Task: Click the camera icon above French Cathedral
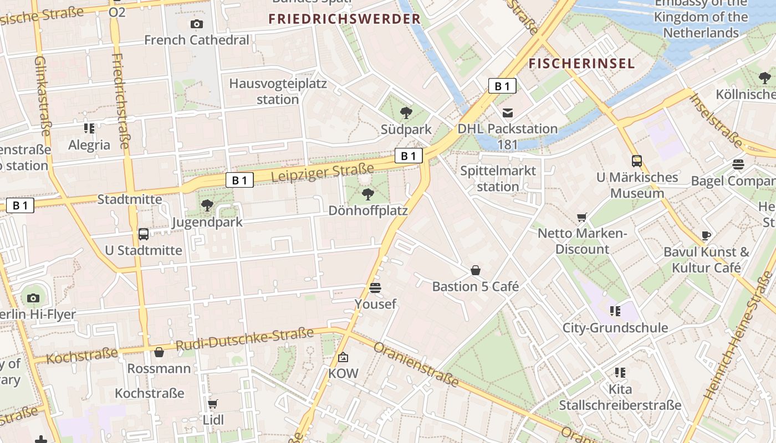click(x=196, y=24)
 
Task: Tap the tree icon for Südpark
click(x=406, y=113)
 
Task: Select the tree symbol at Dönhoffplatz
click(x=367, y=194)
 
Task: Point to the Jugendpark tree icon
click(x=207, y=205)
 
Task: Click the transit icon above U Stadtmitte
click(x=144, y=234)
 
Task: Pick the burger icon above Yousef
click(x=375, y=287)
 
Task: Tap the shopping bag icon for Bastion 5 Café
click(x=476, y=270)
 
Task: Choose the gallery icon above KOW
click(x=343, y=357)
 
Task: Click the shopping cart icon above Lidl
click(x=213, y=404)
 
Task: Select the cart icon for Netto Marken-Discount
click(x=582, y=217)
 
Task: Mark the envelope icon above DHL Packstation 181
click(x=507, y=113)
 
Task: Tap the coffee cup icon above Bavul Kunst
click(x=706, y=235)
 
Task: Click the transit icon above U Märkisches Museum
click(x=637, y=161)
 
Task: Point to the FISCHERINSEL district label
click(x=581, y=63)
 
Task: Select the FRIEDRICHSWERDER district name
click(x=345, y=19)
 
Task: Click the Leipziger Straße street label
click(x=323, y=172)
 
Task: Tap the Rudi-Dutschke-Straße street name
click(x=244, y=339)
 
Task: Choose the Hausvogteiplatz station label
click(x=278, y=92)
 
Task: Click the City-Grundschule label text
click(x=615, y=328)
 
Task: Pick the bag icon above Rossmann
click(x=159, y=352)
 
